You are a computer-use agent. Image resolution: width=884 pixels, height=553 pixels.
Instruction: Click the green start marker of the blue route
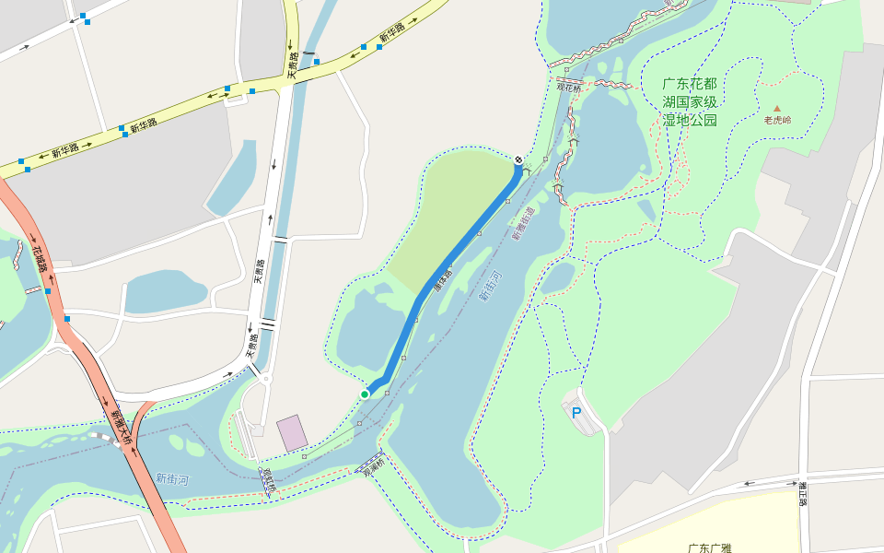365,394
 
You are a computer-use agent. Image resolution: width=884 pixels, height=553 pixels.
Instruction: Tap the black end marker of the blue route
518,160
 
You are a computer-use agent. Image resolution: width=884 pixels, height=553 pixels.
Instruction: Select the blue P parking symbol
576,413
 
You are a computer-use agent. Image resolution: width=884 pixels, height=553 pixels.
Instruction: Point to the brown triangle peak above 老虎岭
776,108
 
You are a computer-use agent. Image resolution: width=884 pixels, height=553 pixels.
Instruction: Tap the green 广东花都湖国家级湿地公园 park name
690,101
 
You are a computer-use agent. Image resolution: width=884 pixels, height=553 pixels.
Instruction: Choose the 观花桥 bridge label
569,88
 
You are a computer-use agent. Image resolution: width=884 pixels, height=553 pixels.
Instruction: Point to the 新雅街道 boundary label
523,222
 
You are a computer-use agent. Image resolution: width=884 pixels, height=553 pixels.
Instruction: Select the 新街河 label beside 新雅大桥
171,479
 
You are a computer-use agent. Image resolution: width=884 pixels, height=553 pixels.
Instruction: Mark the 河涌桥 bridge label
373,466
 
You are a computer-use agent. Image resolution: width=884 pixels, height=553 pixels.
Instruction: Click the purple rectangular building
292,433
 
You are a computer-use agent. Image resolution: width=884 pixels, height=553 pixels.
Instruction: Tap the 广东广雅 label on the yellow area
709,547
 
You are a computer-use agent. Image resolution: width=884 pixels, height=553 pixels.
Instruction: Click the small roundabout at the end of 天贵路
266,378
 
